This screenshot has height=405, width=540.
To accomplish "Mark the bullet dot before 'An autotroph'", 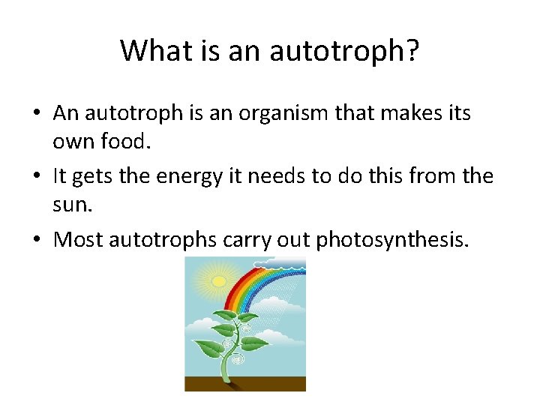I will tap(36, 114).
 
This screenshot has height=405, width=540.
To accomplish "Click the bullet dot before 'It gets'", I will tap(36, 176).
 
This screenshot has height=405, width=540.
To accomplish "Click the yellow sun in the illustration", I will tap(218, 281).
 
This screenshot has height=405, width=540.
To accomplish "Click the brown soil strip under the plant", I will tap(245, 383).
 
